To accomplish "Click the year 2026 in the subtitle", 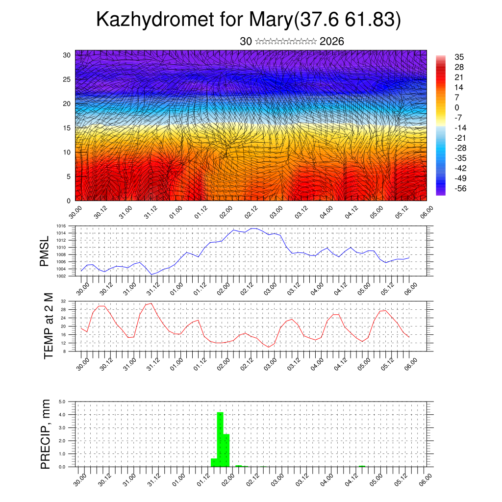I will [332, 42].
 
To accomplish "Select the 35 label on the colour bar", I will [459, 57].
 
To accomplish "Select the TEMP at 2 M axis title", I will [49, 326].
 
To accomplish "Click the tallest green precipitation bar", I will [220, 439].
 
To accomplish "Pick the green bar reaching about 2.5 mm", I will [226, 450].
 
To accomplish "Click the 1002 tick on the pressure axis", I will [61, 276].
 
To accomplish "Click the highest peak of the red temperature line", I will [151, 303].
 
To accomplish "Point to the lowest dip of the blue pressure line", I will [152, 274].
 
